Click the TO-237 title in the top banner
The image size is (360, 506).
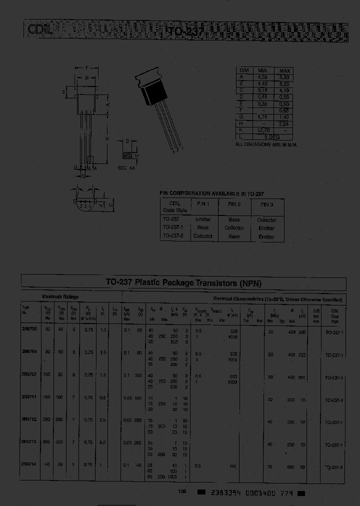(x=182, y=31)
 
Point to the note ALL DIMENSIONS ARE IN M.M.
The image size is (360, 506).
(x=266, y=144)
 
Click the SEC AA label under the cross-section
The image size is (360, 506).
(x=126, y=168)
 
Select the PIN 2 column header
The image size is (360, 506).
(x=234, y=204)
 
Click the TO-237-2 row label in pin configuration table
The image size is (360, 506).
(x=174, y=235)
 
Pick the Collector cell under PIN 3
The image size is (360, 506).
(x=266, y=220)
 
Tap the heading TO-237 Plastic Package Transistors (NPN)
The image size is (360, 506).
(x=183, y=283)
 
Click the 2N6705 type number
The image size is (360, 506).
(x=29, y=329)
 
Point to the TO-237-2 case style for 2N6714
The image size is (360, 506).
(x=333, y=467)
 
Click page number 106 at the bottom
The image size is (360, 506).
(x=182, y=491)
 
